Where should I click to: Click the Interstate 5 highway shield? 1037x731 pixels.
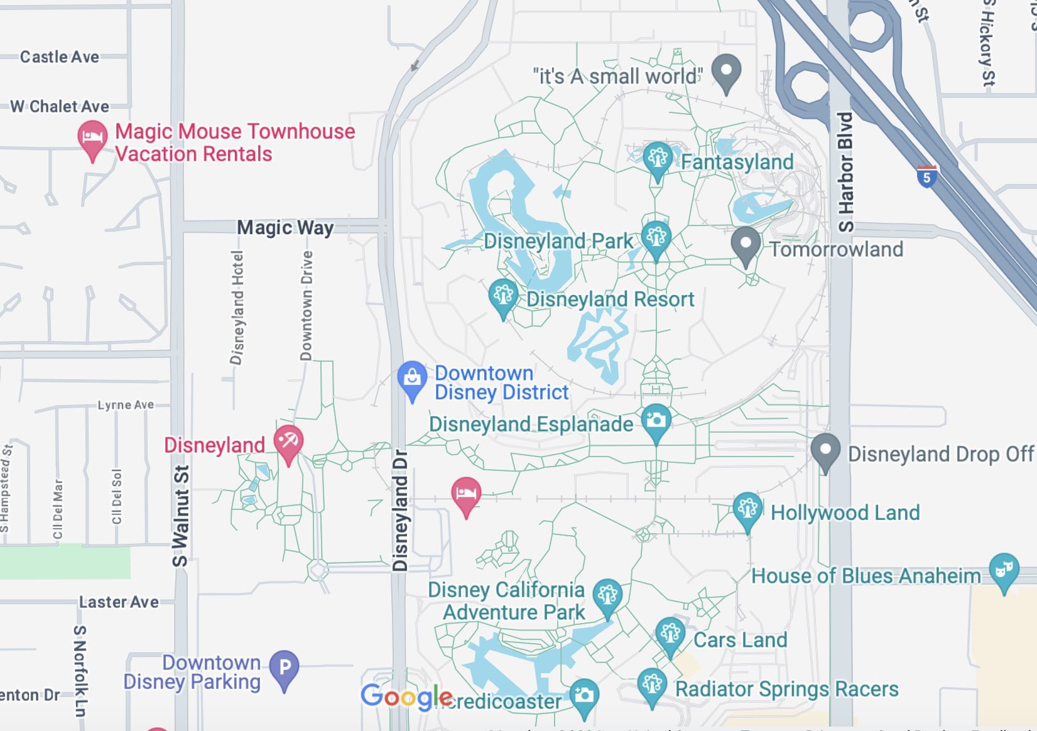(926, 176)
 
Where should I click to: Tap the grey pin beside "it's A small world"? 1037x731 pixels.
(726, 71)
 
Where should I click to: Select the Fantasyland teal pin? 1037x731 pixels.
(657, 158)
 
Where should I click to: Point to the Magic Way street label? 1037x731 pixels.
(285, 227)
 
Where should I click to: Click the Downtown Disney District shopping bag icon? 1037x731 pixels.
(412, 378)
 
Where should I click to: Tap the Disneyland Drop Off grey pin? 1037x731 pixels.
(825, 450)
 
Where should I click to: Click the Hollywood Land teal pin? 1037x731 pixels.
(747, 509)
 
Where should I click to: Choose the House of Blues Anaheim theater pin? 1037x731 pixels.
(1003, 570)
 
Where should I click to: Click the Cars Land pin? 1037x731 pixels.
(670, 634)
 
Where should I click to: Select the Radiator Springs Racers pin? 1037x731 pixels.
(652, 685)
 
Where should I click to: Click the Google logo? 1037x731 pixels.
(406, 696)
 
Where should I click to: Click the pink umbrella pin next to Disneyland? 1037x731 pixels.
(288, 442)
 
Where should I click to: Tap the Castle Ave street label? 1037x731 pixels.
(60, 57)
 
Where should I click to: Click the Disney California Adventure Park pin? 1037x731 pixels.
(607, 595)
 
